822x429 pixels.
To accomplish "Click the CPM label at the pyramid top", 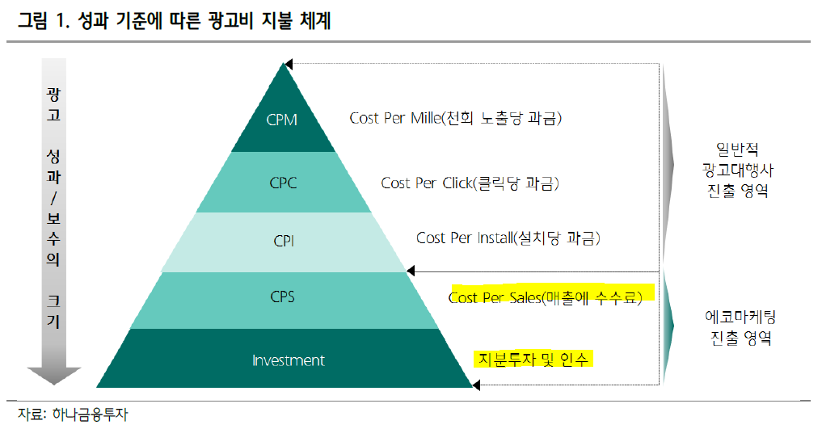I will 282,120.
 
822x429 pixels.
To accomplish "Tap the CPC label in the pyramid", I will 283,183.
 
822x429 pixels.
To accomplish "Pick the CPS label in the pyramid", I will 283,297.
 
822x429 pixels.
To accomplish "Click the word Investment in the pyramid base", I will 289,360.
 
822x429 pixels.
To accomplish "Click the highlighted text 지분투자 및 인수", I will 533,358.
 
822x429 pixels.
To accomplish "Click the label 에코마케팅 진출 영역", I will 736,327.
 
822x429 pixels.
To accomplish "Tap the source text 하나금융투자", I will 87,415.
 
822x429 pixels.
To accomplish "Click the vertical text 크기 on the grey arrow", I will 54,310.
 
